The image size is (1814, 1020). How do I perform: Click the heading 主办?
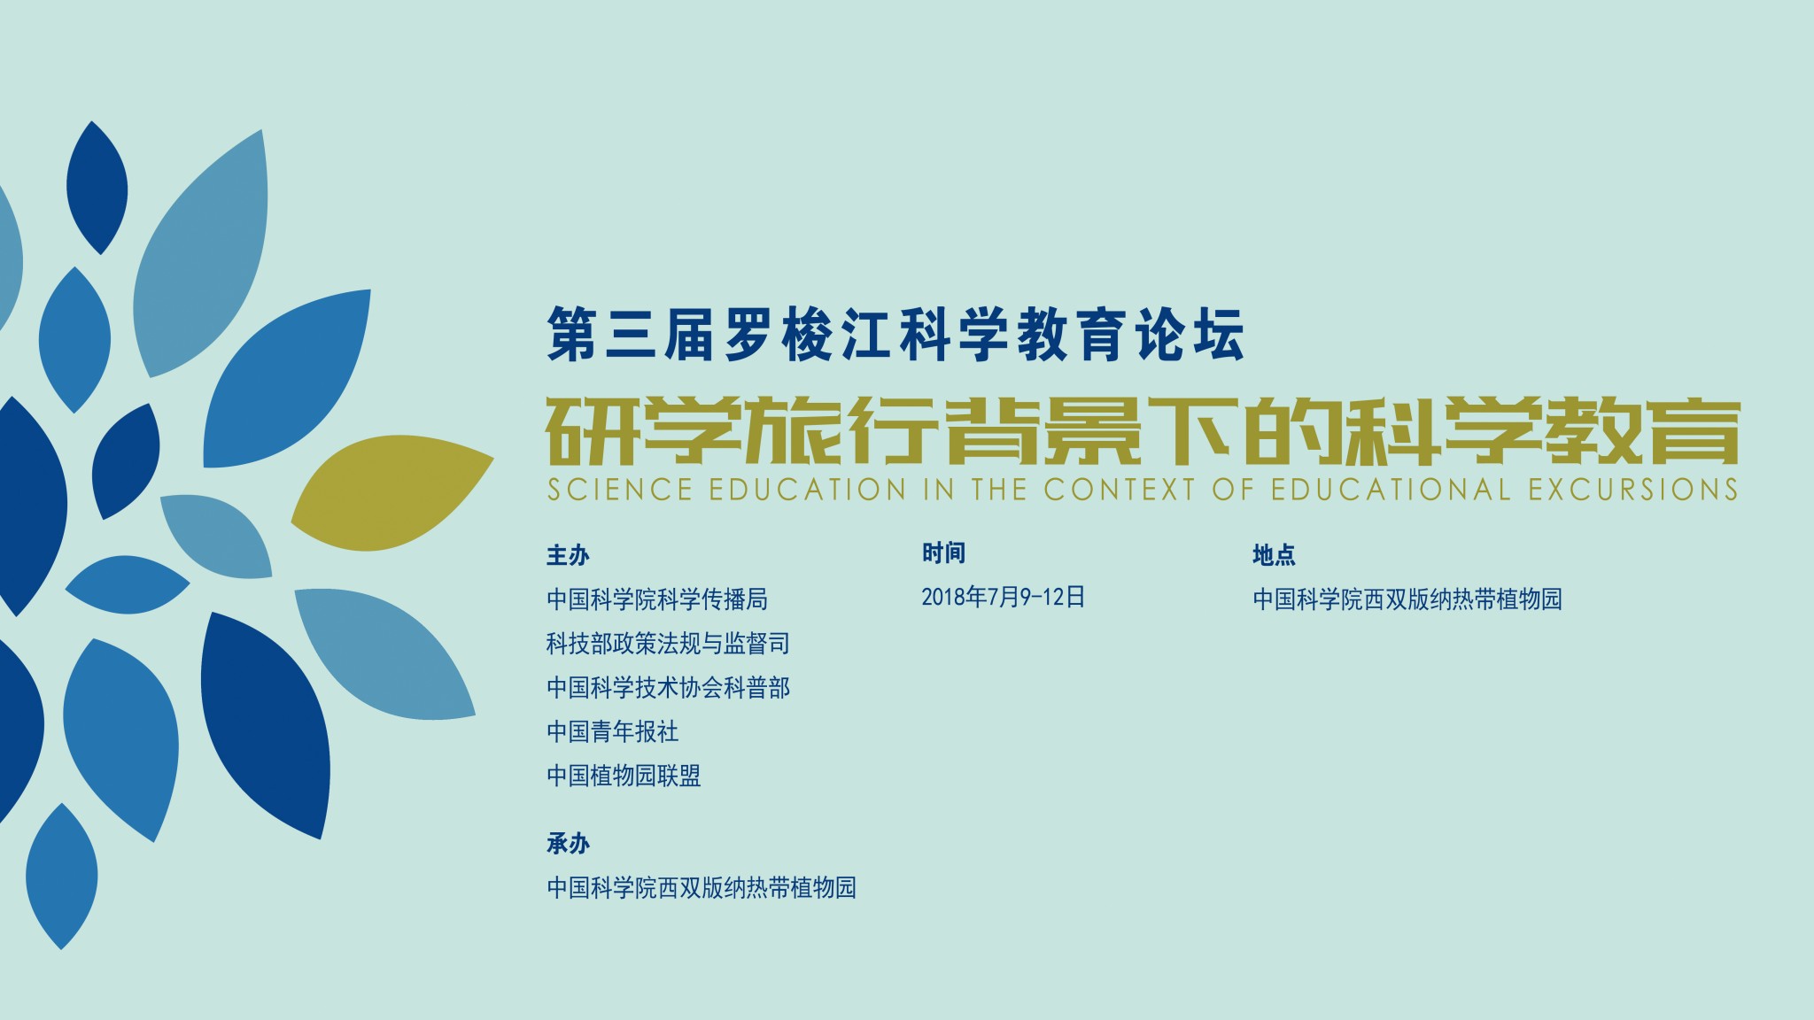pyautogui.click(x=568, y=555)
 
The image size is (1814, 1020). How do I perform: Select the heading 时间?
pyautogui.click(x=943, y=553)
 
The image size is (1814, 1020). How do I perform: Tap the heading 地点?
pyautogui.click(x=1274, y=555)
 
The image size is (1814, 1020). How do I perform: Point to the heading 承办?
pyautogui.click(x=568, y=844)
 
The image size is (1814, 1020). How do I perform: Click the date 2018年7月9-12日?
pyautogui.click(x=1003, y=597)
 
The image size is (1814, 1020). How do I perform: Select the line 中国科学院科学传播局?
pyautogui.click(x=657, y=599)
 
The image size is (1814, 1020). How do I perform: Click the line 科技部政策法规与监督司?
pyautogui.click(x=668, y=644)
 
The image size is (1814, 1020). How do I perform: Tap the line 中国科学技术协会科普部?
pyautogui.click(x=668, y=688)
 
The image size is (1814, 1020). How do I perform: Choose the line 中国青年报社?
pyautogui.click(x=613, y=731)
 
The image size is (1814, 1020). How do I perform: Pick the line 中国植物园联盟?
pyautogui.click(x=624, y=776)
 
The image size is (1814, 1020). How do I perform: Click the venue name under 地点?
pyautogui.click(x=1407, y=599)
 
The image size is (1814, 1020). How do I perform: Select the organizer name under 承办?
pyautogui.click(x=702, y=888)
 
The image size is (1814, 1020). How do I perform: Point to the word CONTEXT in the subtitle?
pyautogui.click(x=1119, y=490)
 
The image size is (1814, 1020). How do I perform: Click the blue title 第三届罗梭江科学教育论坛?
pyautogui.click(x=895, y=335)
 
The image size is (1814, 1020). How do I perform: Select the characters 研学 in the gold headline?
pyautogui.click(x=643, y=432)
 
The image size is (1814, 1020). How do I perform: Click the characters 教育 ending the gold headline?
pyautogui.click(x=1641, y=432)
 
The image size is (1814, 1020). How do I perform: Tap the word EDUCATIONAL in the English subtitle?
pyautogui.click(x=1391, y=490)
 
